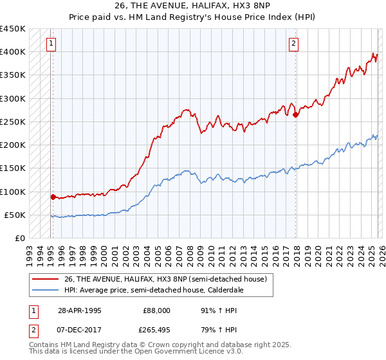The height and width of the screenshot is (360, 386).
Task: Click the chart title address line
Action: (x=192, y=6)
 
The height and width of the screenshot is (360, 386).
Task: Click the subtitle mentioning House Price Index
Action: (x=192, y=16)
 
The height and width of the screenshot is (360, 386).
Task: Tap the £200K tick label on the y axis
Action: (x=13, y=145)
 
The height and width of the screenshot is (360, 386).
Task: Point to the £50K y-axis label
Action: (x=15, y=215)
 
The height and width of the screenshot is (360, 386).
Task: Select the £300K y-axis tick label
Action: (x=13, y=98)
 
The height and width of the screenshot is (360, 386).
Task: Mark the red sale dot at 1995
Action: (x=53, y=197)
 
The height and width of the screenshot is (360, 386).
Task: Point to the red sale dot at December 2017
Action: (x=295, y=115)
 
